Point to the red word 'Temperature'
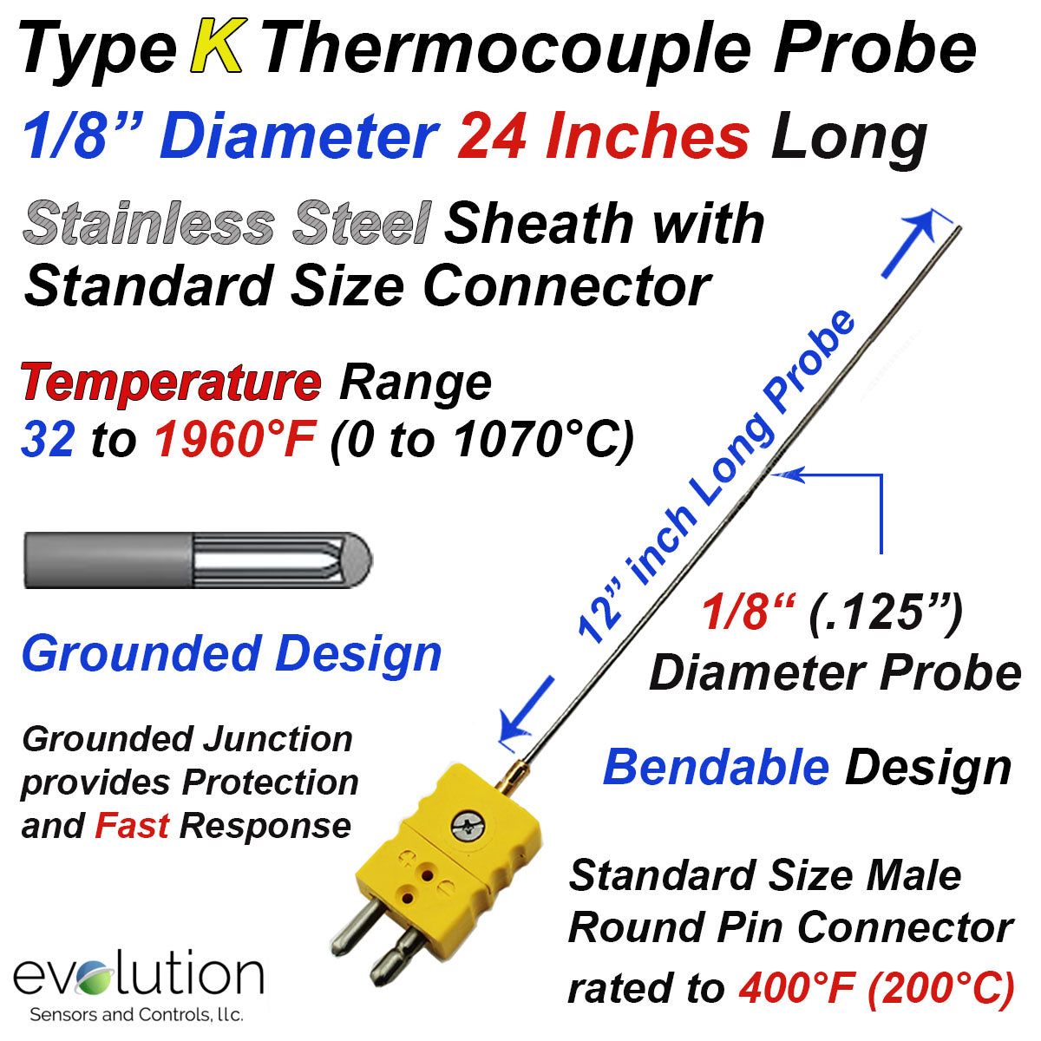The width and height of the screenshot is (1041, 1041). pos(171,383)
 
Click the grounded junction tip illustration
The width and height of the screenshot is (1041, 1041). pos(199,560)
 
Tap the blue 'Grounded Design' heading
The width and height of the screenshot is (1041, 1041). pos(232,655)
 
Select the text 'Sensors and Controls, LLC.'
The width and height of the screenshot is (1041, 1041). pos(137,1014)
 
